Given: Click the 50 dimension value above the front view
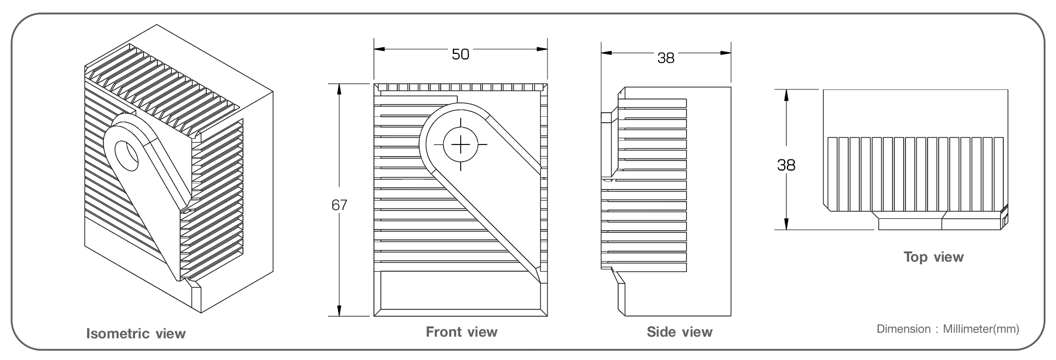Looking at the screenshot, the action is click(x=460, y=54).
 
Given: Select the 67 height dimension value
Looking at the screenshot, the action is click(x=339, y=205).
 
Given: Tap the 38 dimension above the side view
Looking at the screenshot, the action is click(x=666, y=58).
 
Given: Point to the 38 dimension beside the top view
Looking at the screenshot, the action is click(x=786, y=165).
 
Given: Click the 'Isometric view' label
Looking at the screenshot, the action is click(x=136, y=334).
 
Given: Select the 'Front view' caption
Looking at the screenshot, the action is click(x=461, y=332).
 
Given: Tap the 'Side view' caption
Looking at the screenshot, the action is click(x=679, y=332).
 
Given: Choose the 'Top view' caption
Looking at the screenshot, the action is click(x=934, y=257).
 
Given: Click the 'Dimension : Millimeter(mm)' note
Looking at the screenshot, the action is click(x=948, y=329).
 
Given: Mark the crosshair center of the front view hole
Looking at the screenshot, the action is click(x=461, y=144).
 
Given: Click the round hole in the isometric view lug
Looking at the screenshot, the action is click(x=128, y=155).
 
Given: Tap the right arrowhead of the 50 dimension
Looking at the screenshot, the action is click(x=542, y=49).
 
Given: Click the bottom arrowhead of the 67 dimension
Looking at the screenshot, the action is click(x=339, y=311).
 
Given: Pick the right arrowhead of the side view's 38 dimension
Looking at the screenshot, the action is click(x=725, y=53).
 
